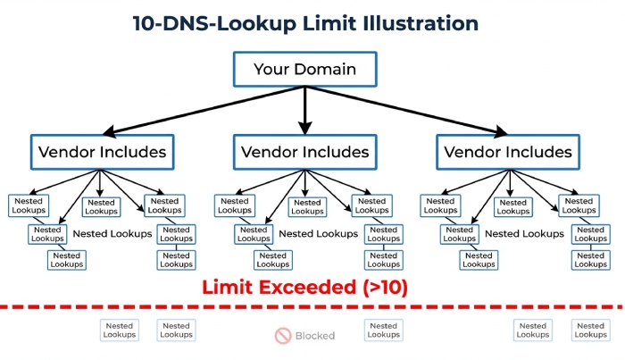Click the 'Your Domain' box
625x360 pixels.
point(304,69)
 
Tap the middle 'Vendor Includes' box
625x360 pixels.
point(304,152)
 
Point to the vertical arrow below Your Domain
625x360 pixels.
point(304,107)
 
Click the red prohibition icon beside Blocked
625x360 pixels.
point(283,336)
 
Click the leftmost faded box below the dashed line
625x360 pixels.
point(119,331)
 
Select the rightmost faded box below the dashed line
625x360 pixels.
point(591,331)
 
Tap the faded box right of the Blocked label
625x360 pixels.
point(383,331)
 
